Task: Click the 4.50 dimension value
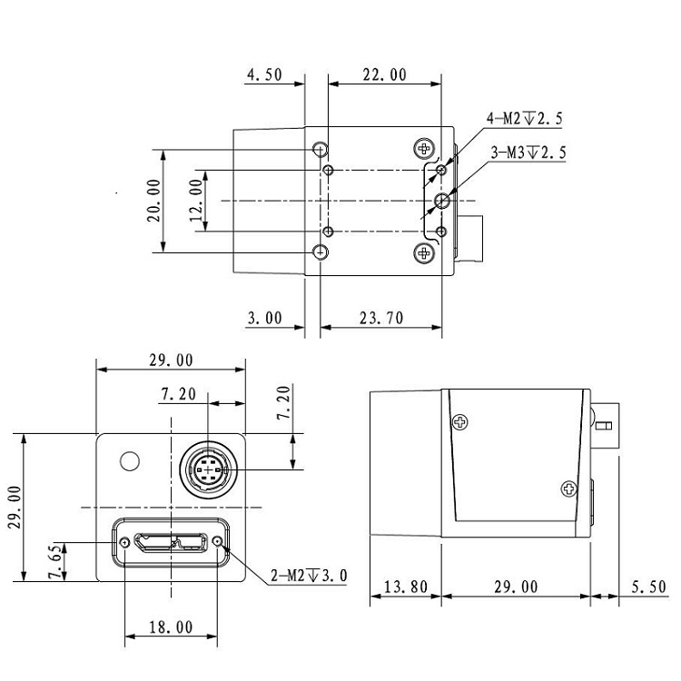[x=263, y=75]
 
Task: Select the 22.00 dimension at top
[x=384, y=75]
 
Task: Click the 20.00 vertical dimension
[x=153, y=200]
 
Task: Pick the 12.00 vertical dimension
[x=195, y=200]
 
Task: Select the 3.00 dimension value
[x=263, y=318]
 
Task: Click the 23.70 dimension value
[x=381, y=318]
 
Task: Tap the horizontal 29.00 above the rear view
[x=171, y=360]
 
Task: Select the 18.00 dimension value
[x=170, y=627]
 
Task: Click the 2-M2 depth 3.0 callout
[x=310, y=576]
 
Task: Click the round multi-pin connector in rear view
[x=208, y=469]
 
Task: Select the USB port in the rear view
[x=170, y=543]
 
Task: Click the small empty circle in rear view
[x=130, y=461]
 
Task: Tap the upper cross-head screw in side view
[x=461, y=421]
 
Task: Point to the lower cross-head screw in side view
[x=569, y=489]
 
